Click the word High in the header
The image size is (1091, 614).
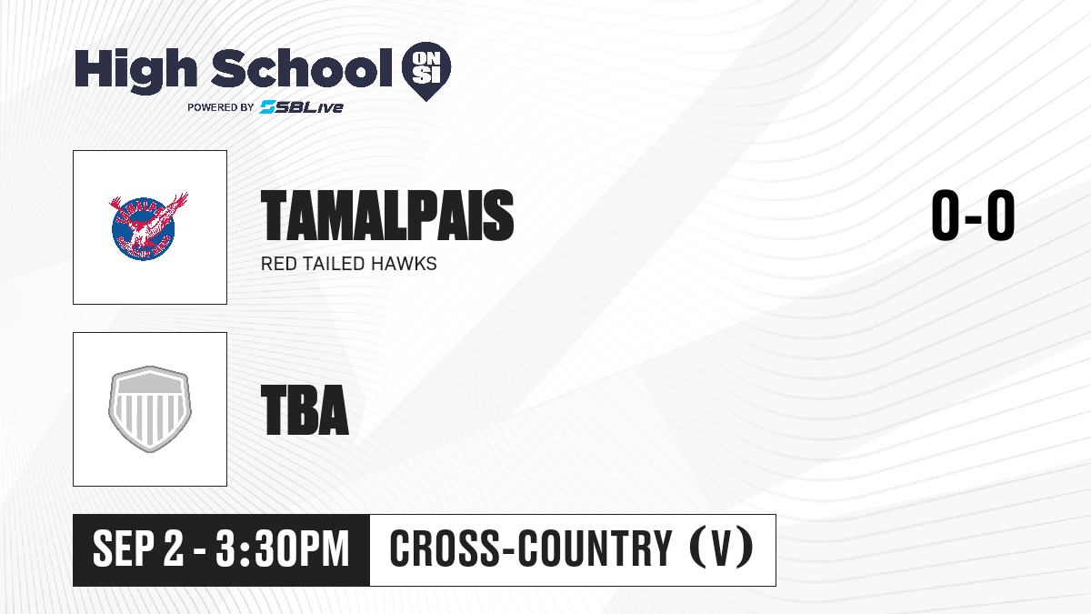[x=135, y=70]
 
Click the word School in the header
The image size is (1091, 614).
[x=302, y=67]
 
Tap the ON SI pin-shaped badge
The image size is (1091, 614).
[x=426, y=71]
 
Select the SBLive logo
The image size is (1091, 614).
[x=301, y=107]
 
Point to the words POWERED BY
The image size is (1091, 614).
[x=221, y=107]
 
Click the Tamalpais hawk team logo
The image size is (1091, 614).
[x=147, y=226]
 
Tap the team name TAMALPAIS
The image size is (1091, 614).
[x=387, y=216]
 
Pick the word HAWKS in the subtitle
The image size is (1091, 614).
[x=404, y=264]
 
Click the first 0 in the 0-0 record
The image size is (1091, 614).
[x=945, y=215]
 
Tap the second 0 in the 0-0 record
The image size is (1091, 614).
[x=1001, y=215]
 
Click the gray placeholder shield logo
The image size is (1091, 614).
[x=149, y=408]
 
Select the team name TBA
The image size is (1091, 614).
[x=305, y=410]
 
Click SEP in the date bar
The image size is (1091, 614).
[x=124, y=549]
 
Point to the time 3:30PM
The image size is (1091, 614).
[x=283, y=549]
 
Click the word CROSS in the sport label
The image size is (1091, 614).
[x=445, y=549]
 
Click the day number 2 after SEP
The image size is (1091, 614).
[x=174, y=549]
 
